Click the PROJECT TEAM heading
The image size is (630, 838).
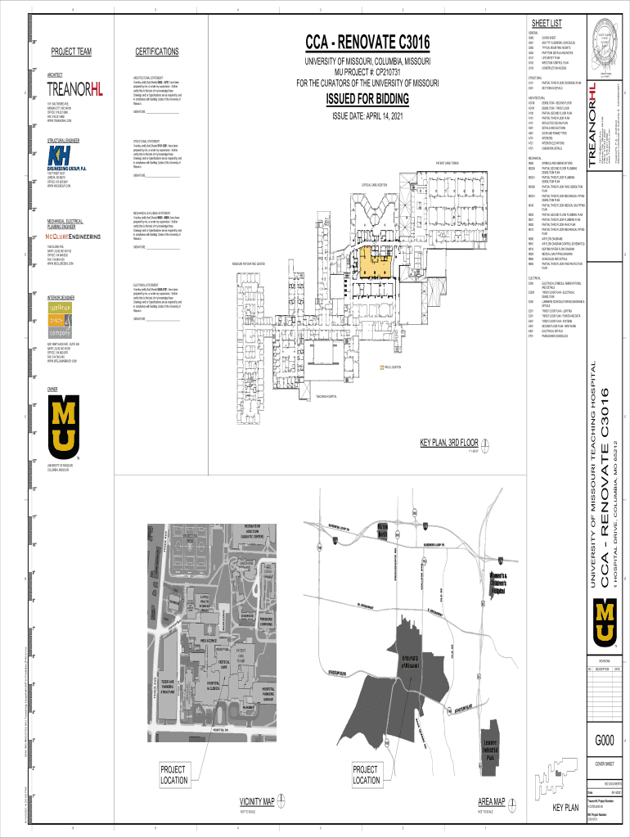click(71, 53)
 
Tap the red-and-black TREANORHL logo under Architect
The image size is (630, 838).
click(75, 89)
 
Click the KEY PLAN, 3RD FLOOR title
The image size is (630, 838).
click(449, 443)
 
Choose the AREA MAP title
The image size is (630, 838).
click(497, 800)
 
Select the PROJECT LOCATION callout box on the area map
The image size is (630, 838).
click(365, 774)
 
